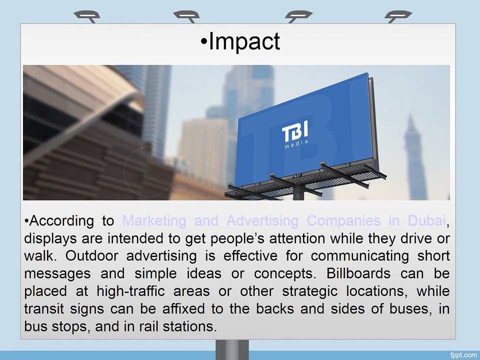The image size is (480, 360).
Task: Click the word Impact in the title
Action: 244,41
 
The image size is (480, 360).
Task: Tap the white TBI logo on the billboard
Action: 295,130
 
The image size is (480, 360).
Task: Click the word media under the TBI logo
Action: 296,144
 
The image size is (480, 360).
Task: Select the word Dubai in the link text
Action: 426,220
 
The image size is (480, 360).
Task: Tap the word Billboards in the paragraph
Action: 358,273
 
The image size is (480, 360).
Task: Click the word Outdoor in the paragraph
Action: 91,256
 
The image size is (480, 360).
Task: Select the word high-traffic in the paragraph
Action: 130,291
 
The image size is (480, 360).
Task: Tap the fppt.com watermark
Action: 463,355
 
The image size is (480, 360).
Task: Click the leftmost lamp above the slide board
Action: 87,16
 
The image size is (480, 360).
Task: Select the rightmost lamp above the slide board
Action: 398,16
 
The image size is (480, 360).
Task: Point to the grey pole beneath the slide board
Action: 232,350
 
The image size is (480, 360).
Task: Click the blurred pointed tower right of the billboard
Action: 414,156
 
